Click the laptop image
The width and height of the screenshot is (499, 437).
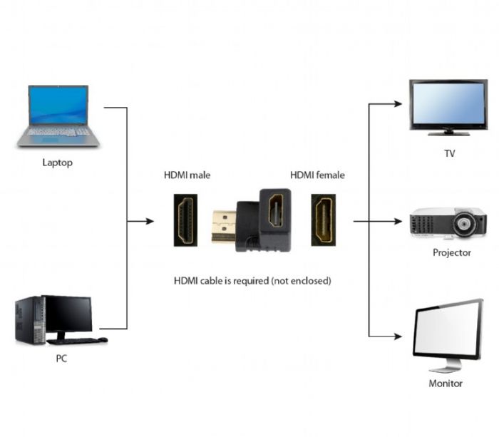coord(58,115)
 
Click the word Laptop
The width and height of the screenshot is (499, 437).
coord(57,163)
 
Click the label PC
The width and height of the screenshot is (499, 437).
coord(62,359)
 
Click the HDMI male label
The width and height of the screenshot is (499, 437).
coord(187,175)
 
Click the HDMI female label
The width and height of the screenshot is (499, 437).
coord(317,175)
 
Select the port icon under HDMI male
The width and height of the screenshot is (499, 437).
coord(187,222)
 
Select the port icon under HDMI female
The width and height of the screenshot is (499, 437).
coord(324,222)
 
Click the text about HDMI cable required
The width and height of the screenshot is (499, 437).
coord(252,281)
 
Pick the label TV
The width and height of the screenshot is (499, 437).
coord(449,153)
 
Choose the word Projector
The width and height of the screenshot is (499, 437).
coord(451,253)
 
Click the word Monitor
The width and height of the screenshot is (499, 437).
coord(446,384)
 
